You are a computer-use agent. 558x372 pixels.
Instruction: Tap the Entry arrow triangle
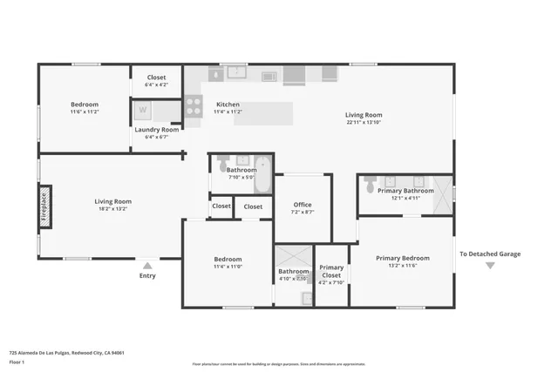(x=147, y=266)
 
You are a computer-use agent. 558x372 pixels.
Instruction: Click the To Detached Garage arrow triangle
(x=490, y=266)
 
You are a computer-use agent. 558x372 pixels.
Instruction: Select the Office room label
(x=303, y=205)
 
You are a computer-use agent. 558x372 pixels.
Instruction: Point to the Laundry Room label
(x=157, y=130)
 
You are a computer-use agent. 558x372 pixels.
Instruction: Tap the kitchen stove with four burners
(x=194, y=107)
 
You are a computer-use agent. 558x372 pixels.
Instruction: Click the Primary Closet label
(x=331, y=268)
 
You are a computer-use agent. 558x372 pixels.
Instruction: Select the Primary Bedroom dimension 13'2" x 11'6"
(x=402, y=266)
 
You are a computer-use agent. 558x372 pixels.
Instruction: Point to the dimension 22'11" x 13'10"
(x=364, y=122)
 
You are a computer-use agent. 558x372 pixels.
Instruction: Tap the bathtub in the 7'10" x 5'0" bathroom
(x=262, y=162)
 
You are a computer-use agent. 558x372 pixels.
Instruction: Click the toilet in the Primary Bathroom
(x=371, y=185)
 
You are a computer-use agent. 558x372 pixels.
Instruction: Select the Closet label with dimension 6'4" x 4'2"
(x=156, y=85)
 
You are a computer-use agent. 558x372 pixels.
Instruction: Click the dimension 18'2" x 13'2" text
(x=112, y=209)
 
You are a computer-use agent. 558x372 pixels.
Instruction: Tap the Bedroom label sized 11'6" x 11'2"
(x=85, y=105)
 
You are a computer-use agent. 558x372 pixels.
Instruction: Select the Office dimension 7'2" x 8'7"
(x=303, y=212)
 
